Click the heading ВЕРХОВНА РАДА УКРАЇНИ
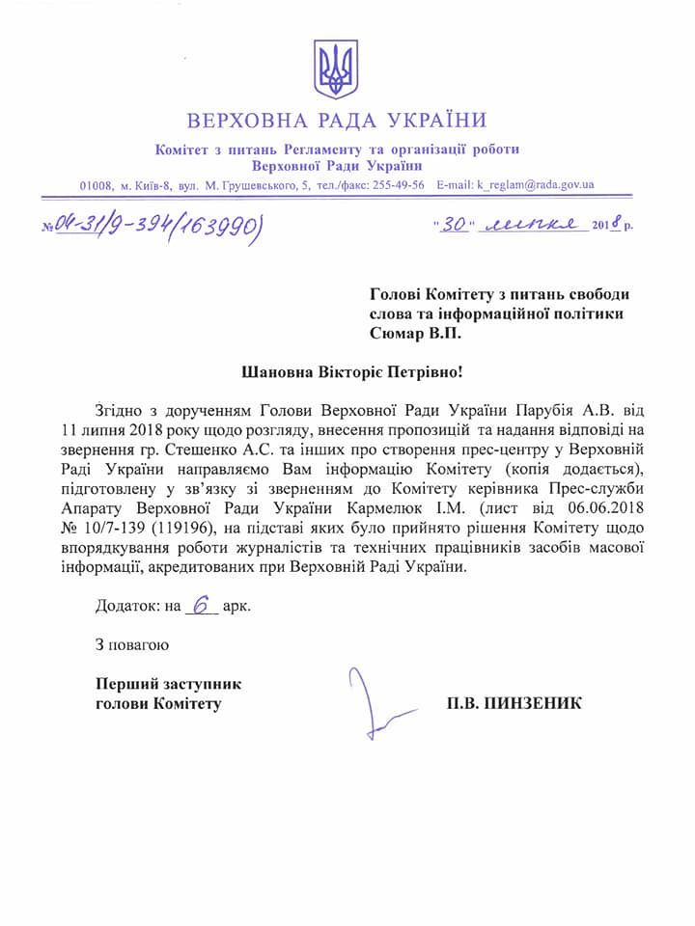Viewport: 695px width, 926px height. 337,122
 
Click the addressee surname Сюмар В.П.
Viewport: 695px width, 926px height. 416,333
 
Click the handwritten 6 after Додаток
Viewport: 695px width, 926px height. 201,608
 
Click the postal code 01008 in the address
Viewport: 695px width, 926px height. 97,185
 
